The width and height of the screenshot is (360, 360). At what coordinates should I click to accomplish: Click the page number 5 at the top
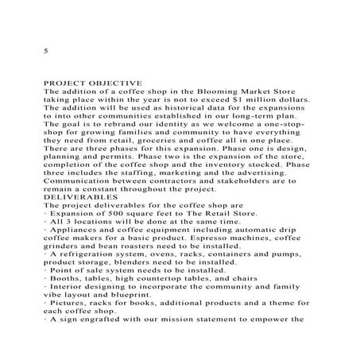[45, 50]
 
